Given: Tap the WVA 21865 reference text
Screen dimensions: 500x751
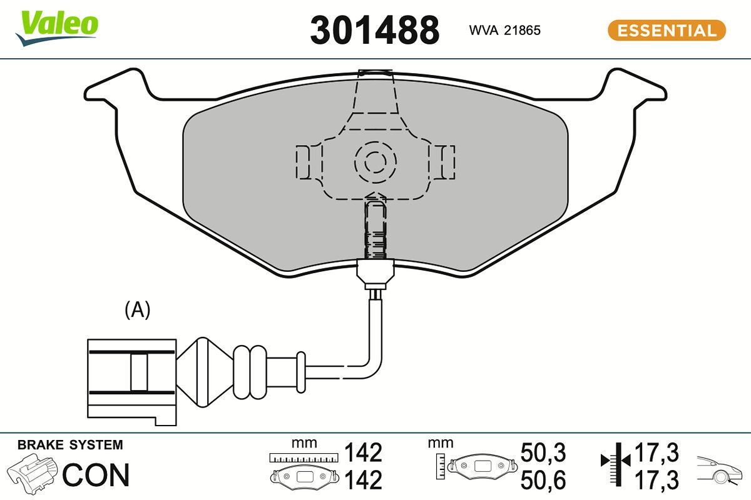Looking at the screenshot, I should [x=504, y=30].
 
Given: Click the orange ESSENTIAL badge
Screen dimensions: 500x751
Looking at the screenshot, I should [x=667, y=30].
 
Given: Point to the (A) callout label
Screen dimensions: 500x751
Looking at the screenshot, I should [x=138, y=309].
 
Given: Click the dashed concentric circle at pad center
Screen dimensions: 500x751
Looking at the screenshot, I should [x=375, y=162].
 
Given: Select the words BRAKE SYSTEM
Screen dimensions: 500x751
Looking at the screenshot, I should [x=70, y=446].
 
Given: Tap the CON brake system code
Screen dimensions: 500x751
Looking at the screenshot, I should [x=96, y=476].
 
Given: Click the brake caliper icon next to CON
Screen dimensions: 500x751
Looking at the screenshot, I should [x=33, y=473].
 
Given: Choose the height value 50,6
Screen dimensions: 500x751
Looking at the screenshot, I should [x=543, y=480].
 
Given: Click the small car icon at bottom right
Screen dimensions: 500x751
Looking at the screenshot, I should [x=720, y=469].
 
